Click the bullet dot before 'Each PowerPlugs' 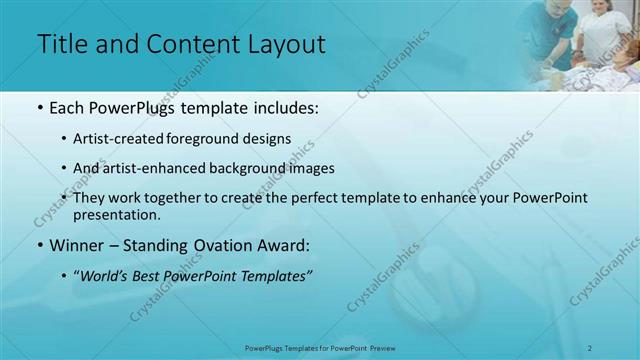pyautogui.click(x=39, y=106)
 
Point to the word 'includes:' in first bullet pyautogui.click(x=285, y=106)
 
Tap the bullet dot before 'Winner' pyautogui.click(x=39, y=244)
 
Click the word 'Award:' pyautogui.click(x=287, y=244)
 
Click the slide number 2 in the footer pyautogui.click(x=618, y=348)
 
